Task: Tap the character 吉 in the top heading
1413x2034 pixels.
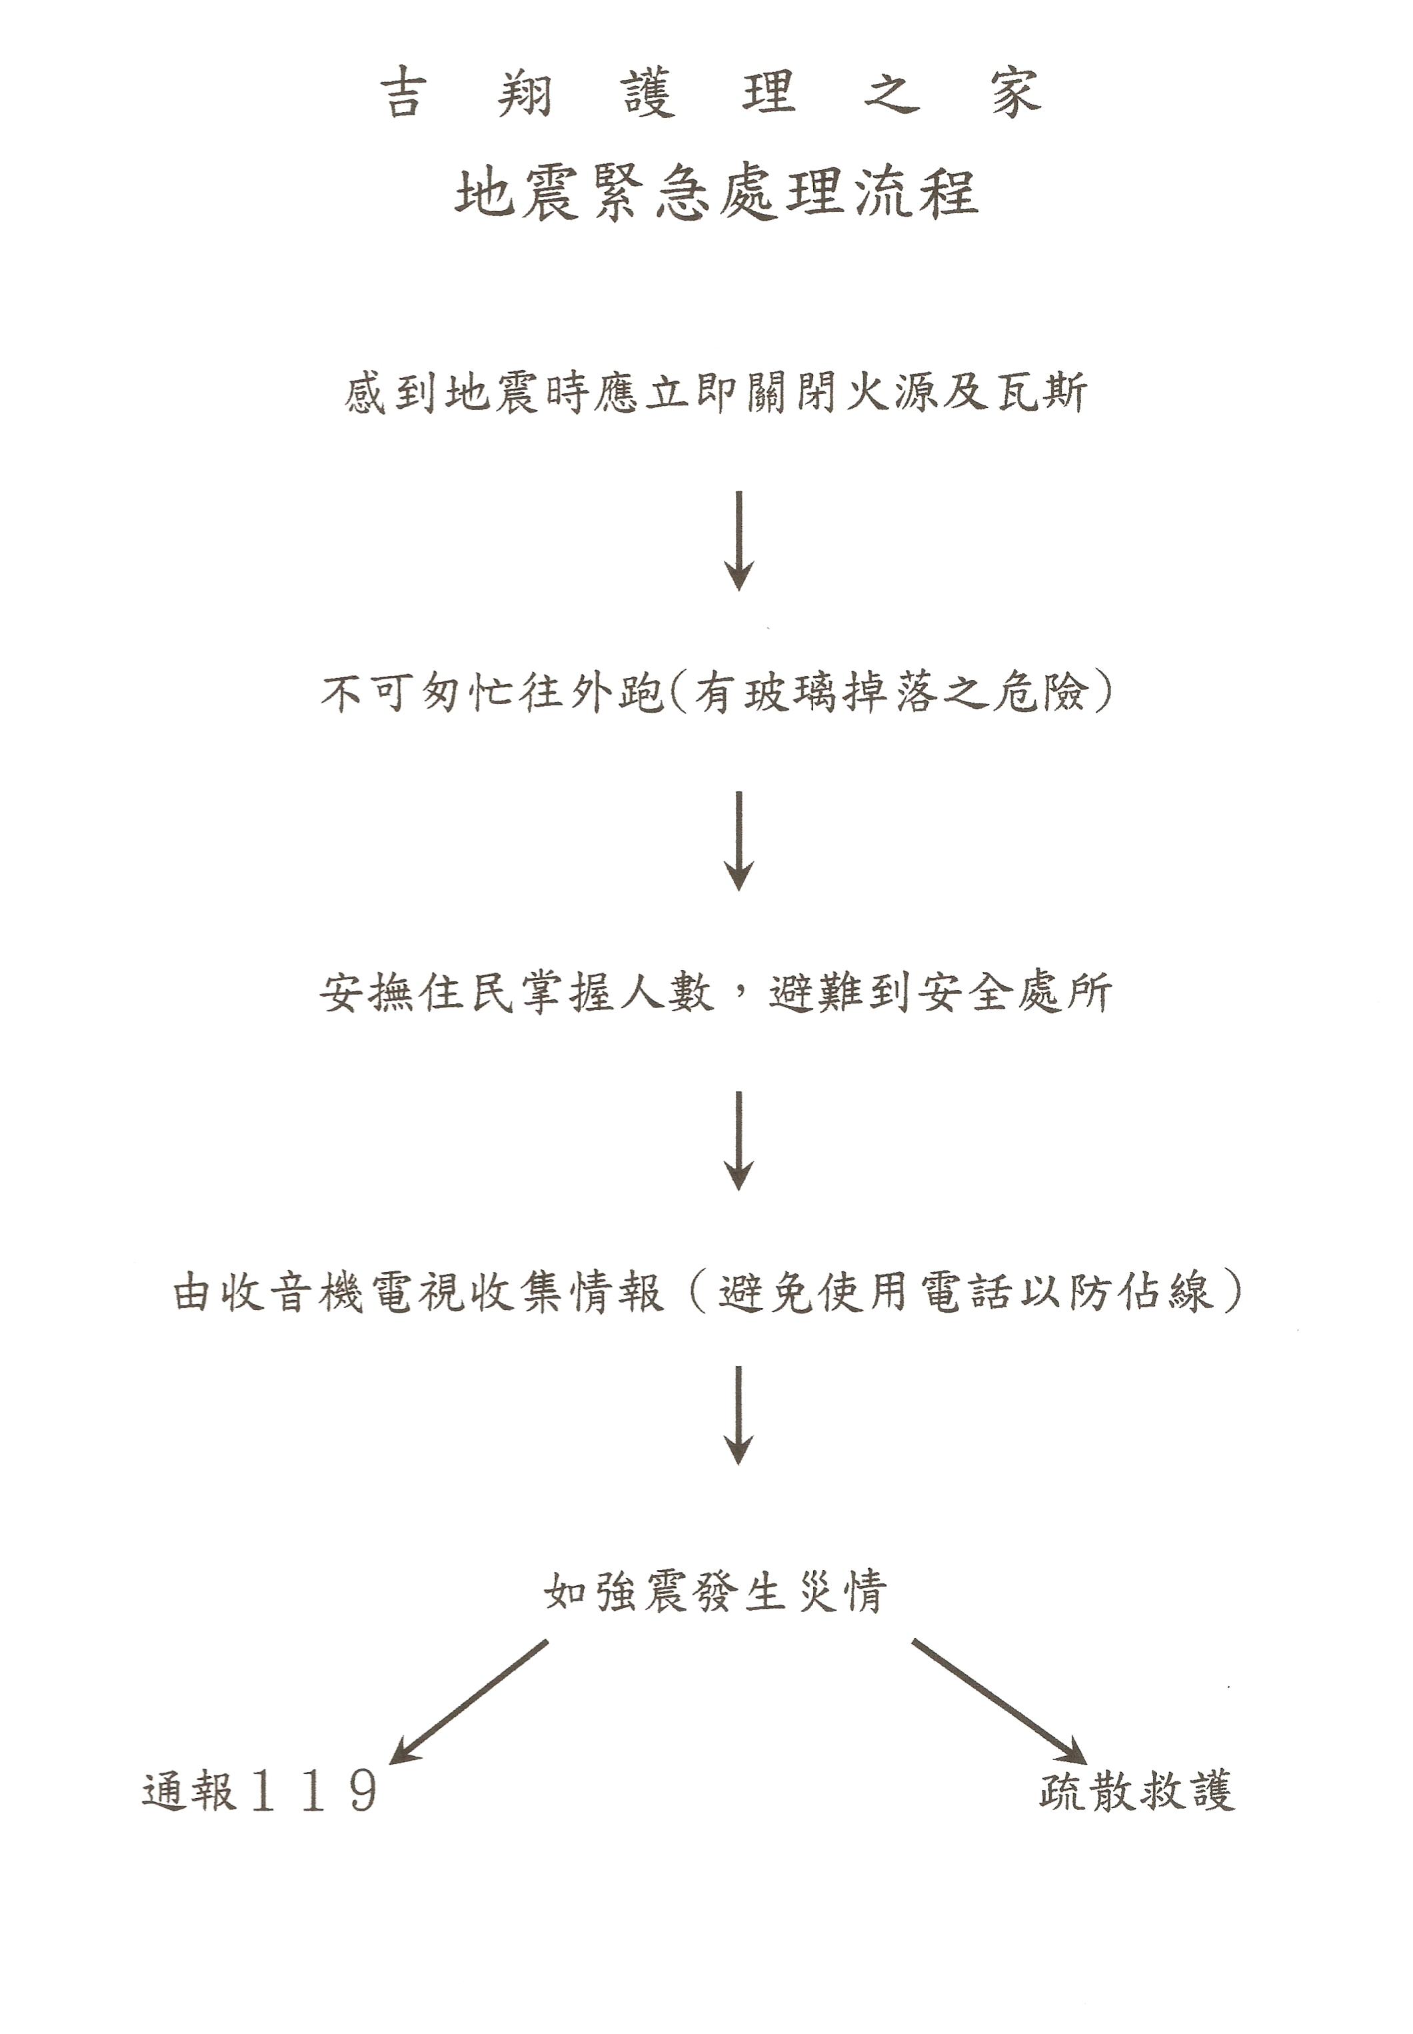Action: [404, 93]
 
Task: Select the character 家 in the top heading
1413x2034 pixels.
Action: [1016, 93]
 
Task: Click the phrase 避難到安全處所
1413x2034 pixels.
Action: [940, 993]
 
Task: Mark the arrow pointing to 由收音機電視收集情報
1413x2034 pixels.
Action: [738, 1141]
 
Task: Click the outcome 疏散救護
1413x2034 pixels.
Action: [1137, 1791]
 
